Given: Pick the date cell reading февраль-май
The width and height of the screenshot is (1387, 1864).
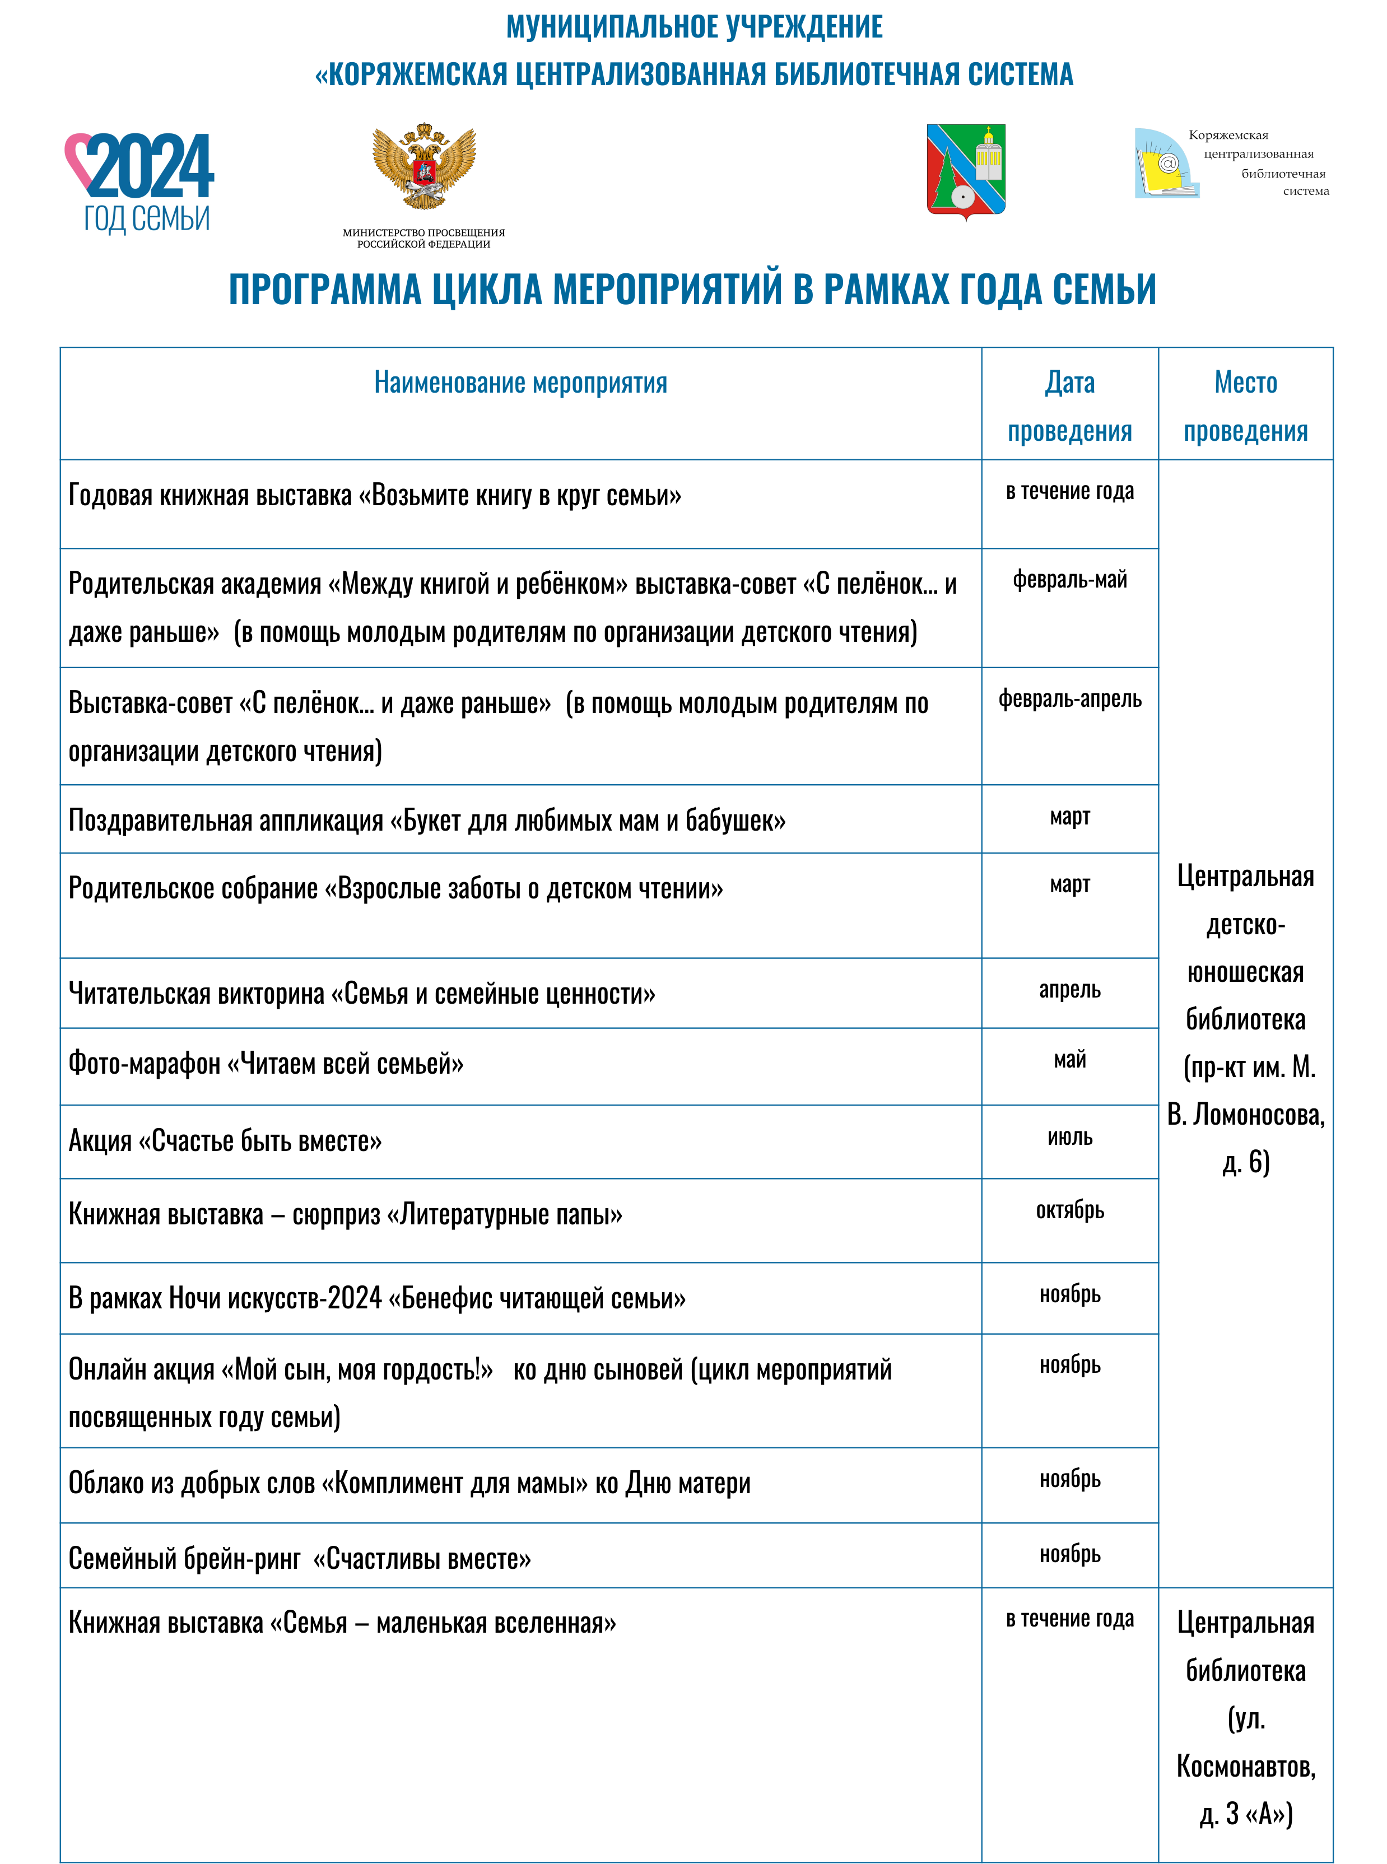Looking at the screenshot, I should (1069, 579).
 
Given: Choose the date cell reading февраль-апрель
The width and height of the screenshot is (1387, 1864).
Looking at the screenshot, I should (1069, 698).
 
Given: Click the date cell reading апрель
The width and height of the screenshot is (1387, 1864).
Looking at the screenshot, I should (1069, 990).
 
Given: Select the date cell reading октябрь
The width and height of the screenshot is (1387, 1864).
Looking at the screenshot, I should (1069, 1210).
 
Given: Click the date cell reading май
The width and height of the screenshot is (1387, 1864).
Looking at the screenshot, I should (1069, 1060).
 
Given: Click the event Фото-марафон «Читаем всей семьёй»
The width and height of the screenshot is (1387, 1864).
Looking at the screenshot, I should (266, 1064).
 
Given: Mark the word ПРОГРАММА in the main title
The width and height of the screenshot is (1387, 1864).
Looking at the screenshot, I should (325, 290).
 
